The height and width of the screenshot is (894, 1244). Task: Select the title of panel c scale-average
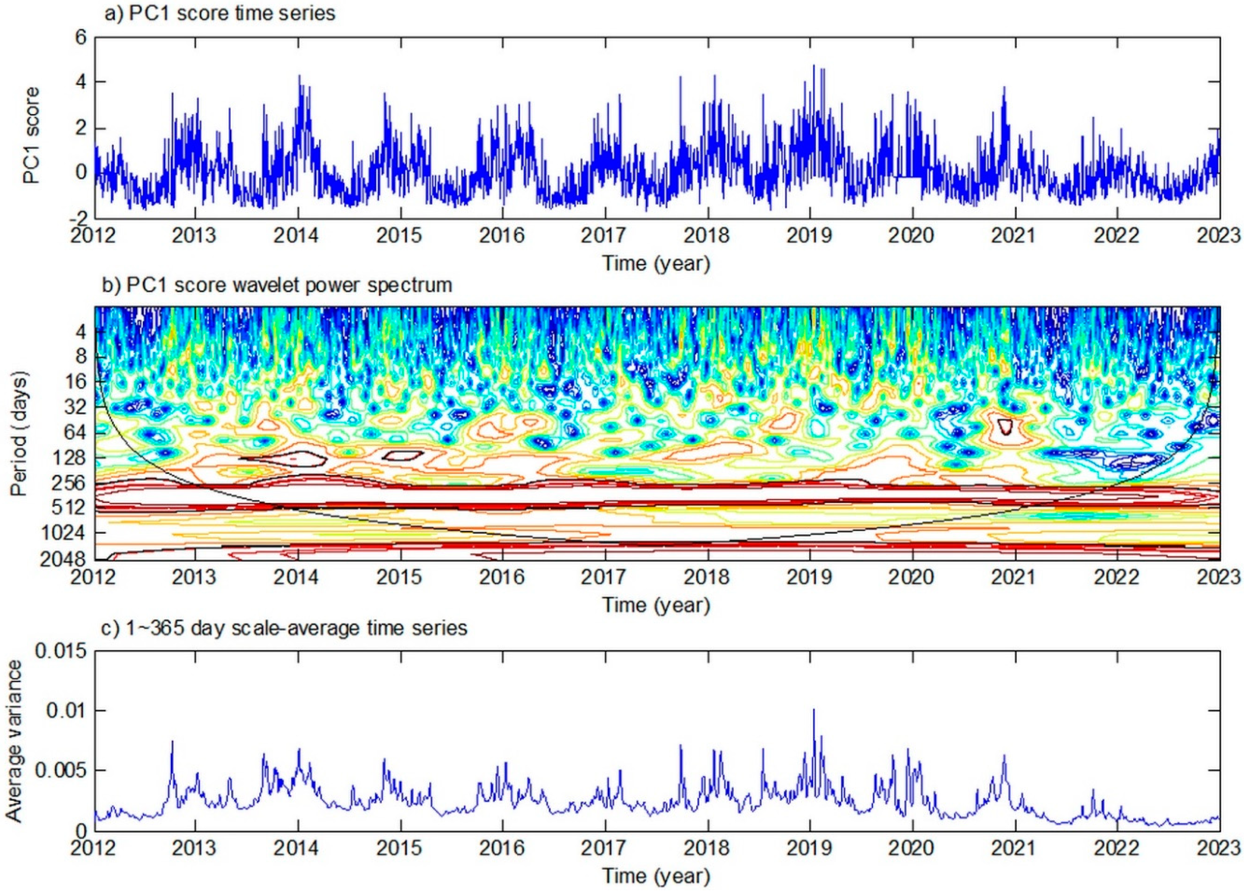(x=285, y=628)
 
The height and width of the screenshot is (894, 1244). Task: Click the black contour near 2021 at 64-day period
(x=1005, y=426)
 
